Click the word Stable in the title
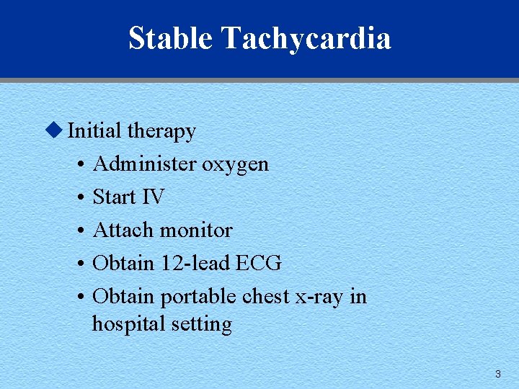(170, 37)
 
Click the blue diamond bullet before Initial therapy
(52, 130)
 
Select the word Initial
(94, 131)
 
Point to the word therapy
(161, 132)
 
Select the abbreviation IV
(154, 197)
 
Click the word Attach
(123, 231)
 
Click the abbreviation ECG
(259, 264)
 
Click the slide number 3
(497, 374)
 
